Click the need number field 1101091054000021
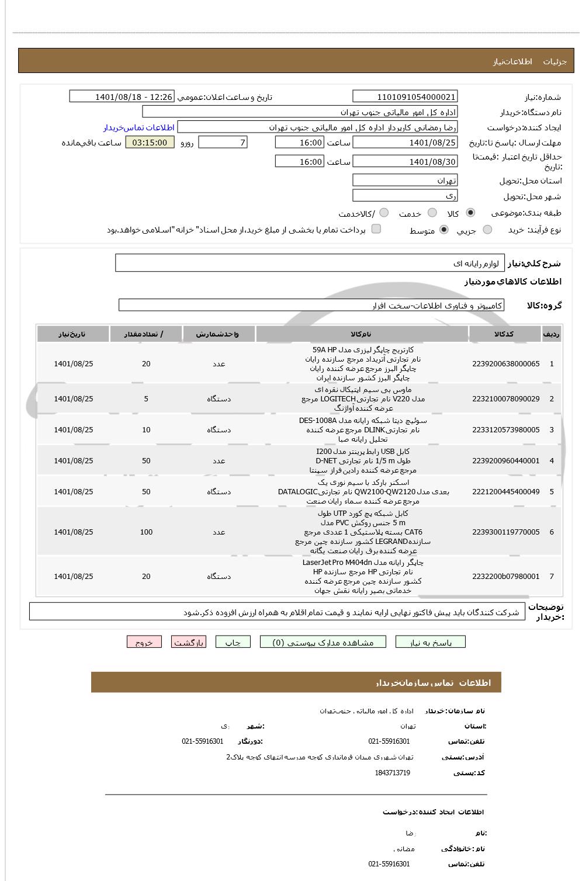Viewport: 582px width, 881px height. (x=405, y=97)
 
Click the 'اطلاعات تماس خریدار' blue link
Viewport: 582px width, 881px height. (x=139, y=127)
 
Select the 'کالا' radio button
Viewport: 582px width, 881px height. (x=470, y=213)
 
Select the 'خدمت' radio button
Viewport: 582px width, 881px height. (x=432, y=213)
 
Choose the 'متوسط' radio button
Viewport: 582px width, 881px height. (x=444, y=230)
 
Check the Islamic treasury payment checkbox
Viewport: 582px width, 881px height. (x=376, y=229)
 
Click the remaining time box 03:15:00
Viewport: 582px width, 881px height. (x=150, y=143)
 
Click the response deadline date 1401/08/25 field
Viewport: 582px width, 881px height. (x=405, y=143)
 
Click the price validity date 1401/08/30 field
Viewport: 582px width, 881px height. (x=405, y=162)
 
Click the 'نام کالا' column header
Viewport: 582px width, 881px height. (x=362, y=334)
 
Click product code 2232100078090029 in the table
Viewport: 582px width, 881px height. (x=505, y=399)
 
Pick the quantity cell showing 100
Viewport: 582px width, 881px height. (x=146, y=532)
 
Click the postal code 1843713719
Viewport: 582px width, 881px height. (x=392, y=773)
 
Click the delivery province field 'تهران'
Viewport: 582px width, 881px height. (x=405, y=181)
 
